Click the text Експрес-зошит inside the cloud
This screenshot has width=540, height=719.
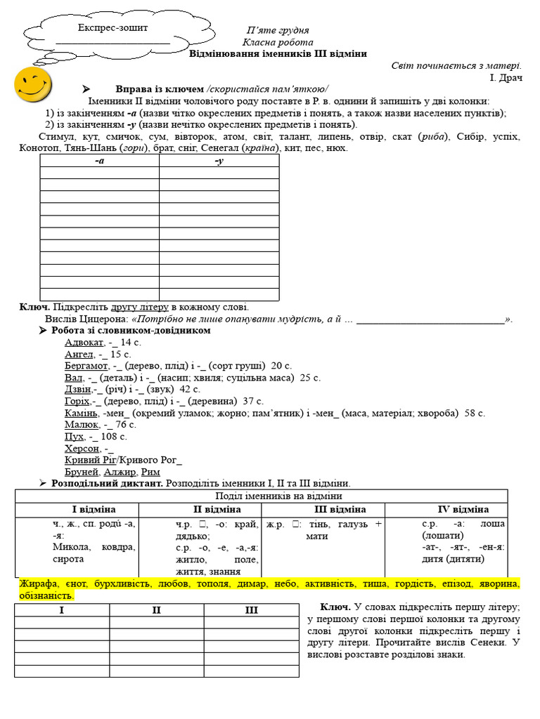[112, 28]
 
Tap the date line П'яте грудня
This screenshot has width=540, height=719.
[278, 30]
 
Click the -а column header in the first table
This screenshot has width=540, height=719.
[100, 161]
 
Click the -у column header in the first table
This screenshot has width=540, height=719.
[219, 161]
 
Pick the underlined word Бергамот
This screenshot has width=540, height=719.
[86, 366]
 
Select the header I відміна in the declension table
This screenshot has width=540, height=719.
[94, 509]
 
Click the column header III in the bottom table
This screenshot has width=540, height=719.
[251, 610]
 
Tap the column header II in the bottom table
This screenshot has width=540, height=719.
[156, 610]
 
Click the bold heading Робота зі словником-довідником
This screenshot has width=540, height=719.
[131, 330]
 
